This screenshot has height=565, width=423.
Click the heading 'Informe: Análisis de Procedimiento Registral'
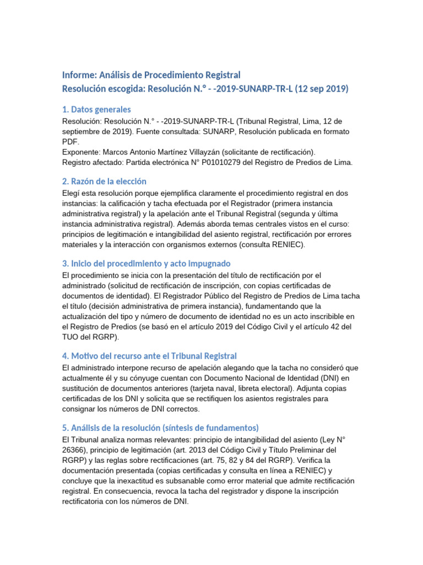(x=151, y=75)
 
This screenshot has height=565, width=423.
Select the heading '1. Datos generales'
(x=96, y=109)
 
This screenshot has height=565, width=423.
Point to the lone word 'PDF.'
(x=70, y=141)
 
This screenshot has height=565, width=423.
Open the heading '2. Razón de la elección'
(x=104, y=182)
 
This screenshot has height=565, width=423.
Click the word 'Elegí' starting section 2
(x=72, y=193)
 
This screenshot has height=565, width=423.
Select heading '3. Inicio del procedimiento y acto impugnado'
(x=146, y=264)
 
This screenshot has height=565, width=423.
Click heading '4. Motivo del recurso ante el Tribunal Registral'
(x=149, y=356)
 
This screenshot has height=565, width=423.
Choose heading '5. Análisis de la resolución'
(x=160, y=428)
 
